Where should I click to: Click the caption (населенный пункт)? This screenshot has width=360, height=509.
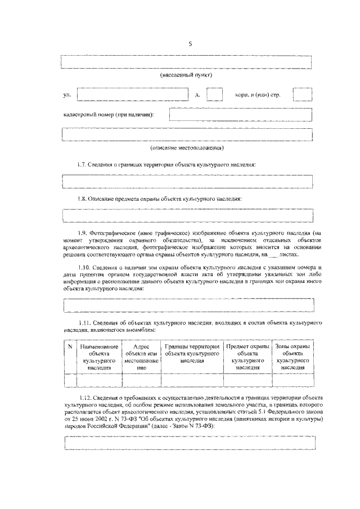(x=186, y=74)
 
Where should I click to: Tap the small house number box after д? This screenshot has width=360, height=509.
(x=214, y=94)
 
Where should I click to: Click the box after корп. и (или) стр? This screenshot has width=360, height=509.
(x=303, y=94)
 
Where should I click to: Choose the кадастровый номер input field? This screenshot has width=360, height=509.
(x=241, y=114)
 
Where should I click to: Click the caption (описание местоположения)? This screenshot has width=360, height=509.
(x=187, y=148)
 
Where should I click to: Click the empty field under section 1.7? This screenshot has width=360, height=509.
(x=187, y=181)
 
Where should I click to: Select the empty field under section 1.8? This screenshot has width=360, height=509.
(x=187, y=215)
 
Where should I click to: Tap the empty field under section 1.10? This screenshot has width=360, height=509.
(x=187, y=304)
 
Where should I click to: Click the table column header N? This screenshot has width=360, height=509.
(x=70, y=348)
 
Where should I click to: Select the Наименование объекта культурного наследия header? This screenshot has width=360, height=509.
(x=99, y=357)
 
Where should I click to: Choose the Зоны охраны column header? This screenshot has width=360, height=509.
(x=292, y=357)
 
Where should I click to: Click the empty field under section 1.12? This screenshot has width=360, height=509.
(x=187, y=443)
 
